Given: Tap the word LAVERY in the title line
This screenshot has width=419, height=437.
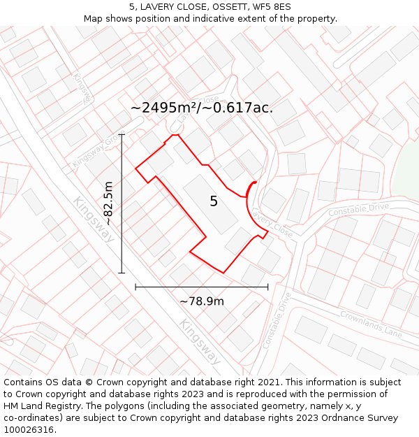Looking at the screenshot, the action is click(x=158, y=7).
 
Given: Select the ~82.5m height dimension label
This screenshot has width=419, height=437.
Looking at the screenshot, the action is click(x=109, y=203).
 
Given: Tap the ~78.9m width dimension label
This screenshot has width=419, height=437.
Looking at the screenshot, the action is click(x=202, y=301).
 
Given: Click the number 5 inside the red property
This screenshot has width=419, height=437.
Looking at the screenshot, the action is click(x=214, y=201).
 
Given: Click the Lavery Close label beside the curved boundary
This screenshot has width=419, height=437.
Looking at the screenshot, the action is click(x=272, y=221).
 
